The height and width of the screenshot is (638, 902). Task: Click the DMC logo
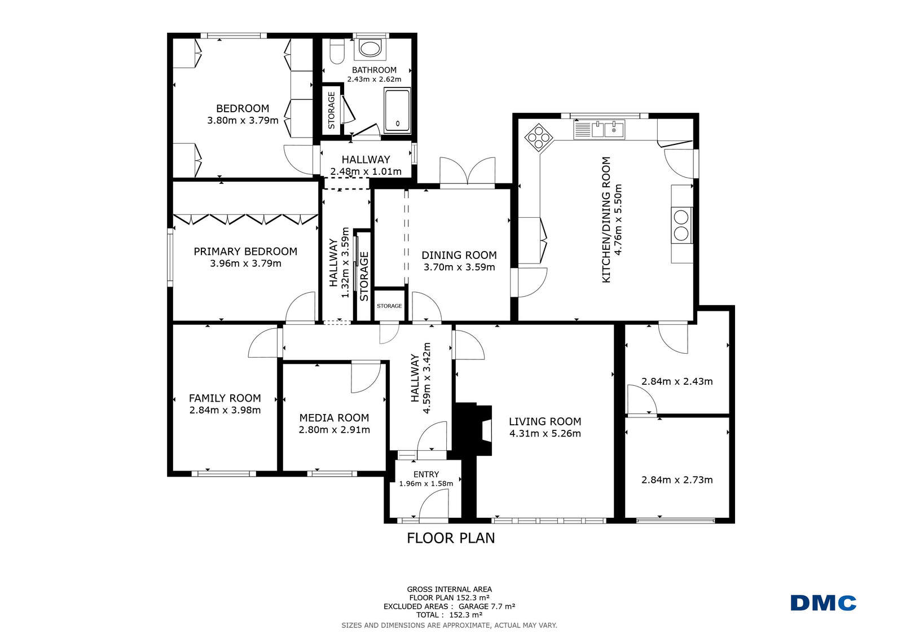click(824, 603)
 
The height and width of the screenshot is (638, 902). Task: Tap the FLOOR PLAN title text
click(451, 538)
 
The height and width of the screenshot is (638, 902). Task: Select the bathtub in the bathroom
click(398, 111)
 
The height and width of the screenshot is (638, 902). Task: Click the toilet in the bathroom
click(337, 51)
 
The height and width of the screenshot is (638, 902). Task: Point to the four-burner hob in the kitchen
click(538, 137)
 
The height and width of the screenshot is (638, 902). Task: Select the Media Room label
click(334, 417)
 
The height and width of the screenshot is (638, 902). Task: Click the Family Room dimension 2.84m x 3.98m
click(225, 410)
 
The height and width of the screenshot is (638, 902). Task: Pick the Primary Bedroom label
click(245, 252)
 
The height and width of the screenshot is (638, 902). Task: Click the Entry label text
click(426, 474)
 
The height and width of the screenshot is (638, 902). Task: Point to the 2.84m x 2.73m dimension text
click(677, 479)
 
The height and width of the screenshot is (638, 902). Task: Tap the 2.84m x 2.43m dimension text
click(677, 381)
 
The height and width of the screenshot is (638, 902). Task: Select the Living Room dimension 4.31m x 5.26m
click(545, 433)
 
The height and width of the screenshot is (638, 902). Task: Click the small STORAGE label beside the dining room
click(389, 306)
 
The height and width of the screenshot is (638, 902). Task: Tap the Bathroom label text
click(374, 70)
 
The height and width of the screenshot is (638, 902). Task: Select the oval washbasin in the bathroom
click(370, 49)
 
